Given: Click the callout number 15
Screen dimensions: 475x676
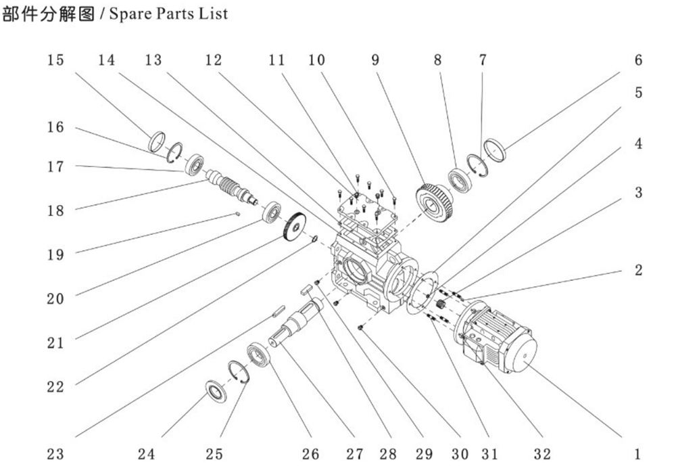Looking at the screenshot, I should click(x=55, y=60).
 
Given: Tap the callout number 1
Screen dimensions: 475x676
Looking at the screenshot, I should click(x=637, y=454).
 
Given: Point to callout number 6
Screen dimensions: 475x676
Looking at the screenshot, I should click(x=637, y=60).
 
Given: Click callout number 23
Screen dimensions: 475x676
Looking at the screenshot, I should click(x=55, y=454).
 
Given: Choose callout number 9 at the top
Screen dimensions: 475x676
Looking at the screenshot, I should click(x=376, y=60).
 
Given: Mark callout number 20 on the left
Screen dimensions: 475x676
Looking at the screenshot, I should click(x=55, y=298).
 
